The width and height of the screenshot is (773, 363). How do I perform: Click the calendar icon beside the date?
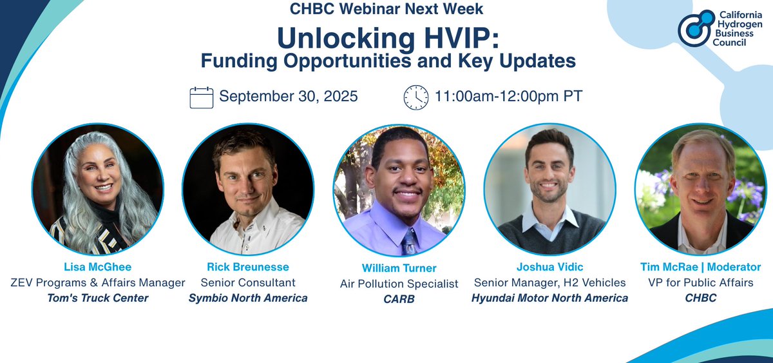click(x=201, y=97)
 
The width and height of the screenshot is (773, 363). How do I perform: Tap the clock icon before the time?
click(x=415, y=97)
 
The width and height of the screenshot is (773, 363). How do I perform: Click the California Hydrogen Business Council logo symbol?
click(x=696, y=28)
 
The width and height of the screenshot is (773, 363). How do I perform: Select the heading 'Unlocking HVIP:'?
click(x=387, y=38)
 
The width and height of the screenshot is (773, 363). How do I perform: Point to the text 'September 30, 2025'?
click(x=288, y=97)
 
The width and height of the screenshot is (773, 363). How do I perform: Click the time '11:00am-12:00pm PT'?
click(x=508, y=97)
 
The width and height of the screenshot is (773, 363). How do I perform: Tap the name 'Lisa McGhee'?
click(x=95, y=267)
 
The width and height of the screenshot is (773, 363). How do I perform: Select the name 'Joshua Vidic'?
click(x=549, y=267)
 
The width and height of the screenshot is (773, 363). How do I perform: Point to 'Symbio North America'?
click(x=247, y=298)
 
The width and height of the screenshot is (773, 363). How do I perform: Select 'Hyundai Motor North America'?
click(x=549, y=298)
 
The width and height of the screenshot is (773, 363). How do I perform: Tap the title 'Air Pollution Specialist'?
click(x=399, y=284)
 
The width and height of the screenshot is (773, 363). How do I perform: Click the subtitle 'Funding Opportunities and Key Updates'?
click(x=387, y=61)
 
